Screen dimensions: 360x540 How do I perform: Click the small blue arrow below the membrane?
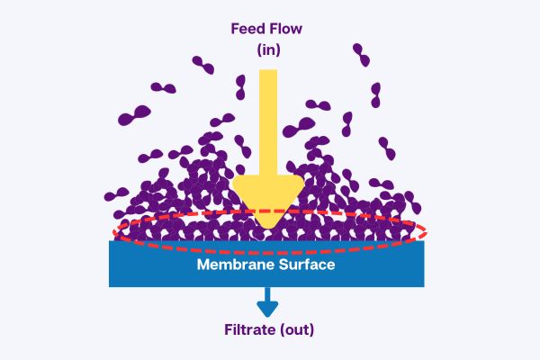pyautogui.click(x=268, y=302)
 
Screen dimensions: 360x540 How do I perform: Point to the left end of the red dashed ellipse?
pyautogui.click(x=115, y=233)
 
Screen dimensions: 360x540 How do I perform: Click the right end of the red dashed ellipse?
pyautogui.click(x=426, y=231)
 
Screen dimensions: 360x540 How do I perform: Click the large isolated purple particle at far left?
pyautogui.click(x=137, y=115)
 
